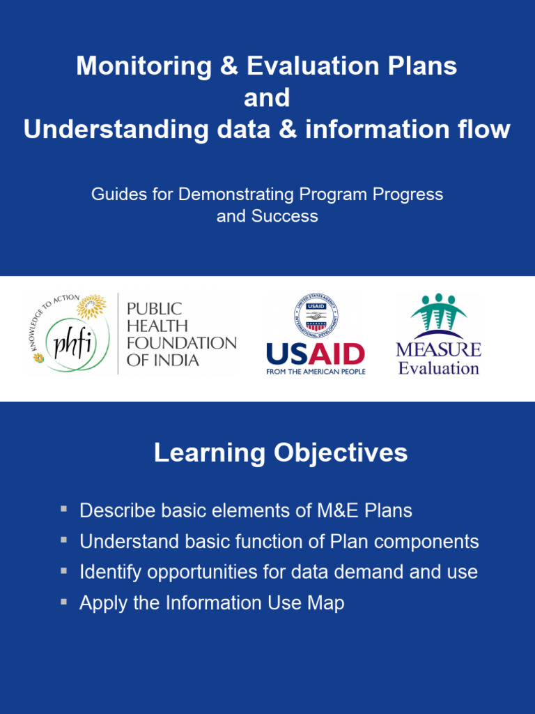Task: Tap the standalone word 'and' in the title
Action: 267,98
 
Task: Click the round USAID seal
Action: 316,316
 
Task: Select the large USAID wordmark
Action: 316,355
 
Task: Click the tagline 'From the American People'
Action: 316,372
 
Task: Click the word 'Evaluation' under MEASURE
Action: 438,368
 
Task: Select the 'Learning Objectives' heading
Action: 281,453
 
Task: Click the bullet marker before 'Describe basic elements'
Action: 64,510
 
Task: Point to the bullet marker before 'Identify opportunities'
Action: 64,570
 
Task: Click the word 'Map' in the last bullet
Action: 326,603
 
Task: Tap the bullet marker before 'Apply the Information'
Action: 64,601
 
